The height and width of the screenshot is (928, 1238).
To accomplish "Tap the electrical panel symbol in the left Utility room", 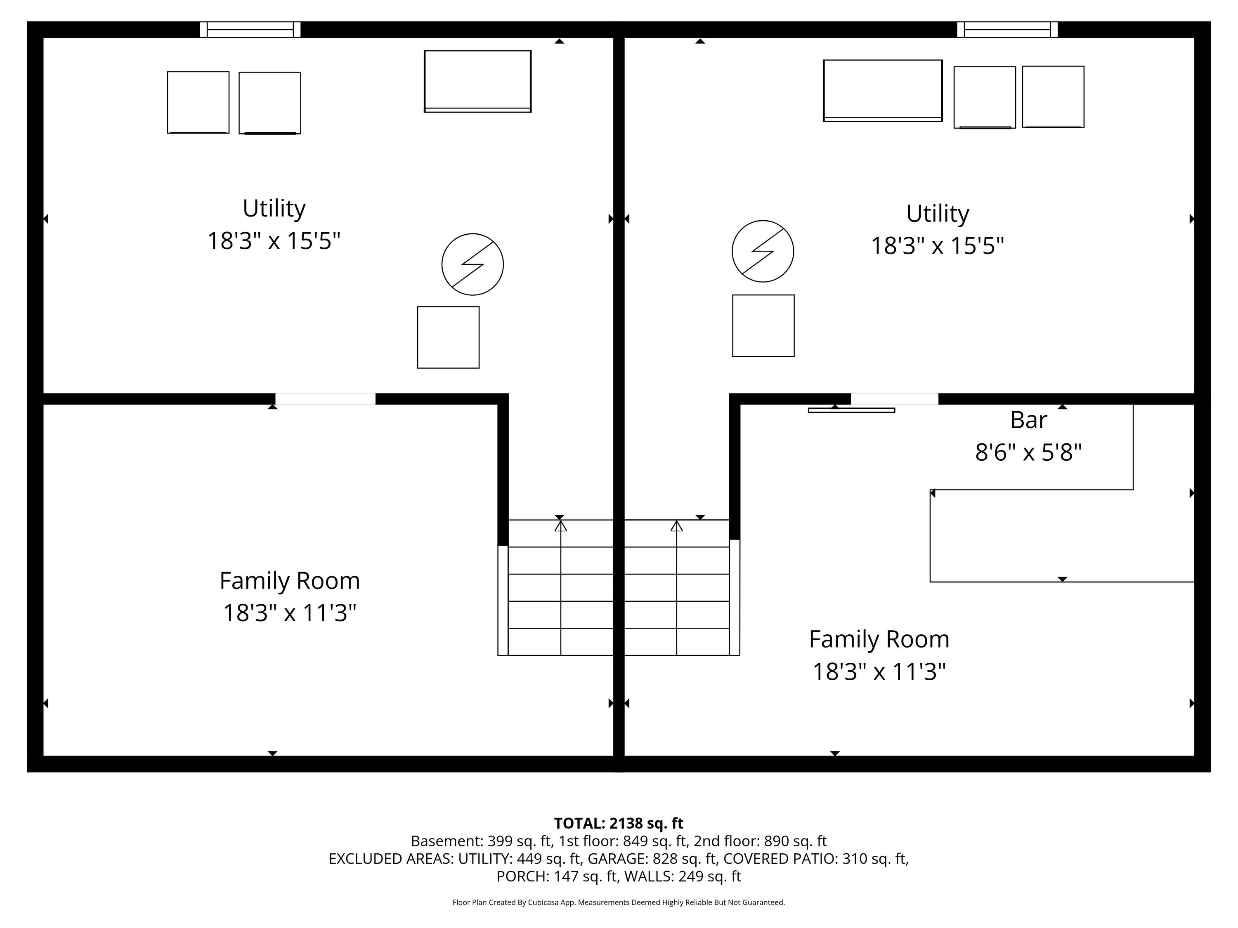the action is [473, 264].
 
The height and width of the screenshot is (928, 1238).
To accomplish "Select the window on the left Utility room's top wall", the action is [250, 29].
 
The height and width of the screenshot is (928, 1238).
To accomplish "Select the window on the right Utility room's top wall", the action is [1007, 29].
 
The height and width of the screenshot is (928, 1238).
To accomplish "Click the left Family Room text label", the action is [289, 581].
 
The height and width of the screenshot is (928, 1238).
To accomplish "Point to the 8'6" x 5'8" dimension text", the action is [1028, 452].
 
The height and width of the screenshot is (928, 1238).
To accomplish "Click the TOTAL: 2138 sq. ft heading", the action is [619, 823].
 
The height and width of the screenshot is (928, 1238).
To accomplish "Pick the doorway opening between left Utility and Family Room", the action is [325, 399].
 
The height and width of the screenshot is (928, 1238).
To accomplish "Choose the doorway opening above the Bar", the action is [894, 399].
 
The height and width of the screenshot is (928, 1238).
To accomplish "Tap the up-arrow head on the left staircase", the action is [560, 526].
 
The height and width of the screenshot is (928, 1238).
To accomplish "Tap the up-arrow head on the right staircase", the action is [677, 526].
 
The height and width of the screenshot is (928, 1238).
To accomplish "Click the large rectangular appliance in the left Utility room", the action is [477, 82].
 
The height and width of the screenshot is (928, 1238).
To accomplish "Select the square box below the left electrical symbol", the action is [448, 337].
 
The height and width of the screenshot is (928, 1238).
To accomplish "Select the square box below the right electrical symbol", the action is [763, 325].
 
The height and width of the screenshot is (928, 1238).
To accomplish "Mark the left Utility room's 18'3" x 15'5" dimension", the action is [274, 241].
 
